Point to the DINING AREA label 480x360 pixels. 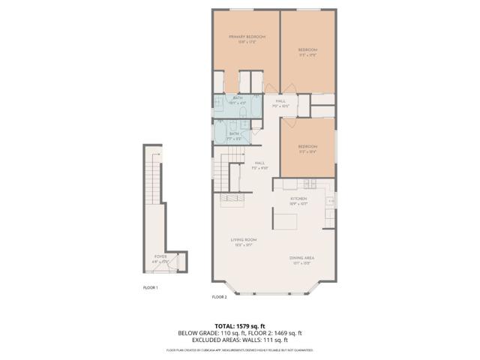coord(301,258)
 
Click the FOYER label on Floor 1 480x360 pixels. coord(160,256)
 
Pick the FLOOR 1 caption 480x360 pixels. coord(151,286)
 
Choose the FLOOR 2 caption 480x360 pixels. coord(219,297)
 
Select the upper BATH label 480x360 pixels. coord(238,98)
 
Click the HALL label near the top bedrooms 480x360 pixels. coord(280,102)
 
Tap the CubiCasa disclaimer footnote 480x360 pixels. coord(239,350)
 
